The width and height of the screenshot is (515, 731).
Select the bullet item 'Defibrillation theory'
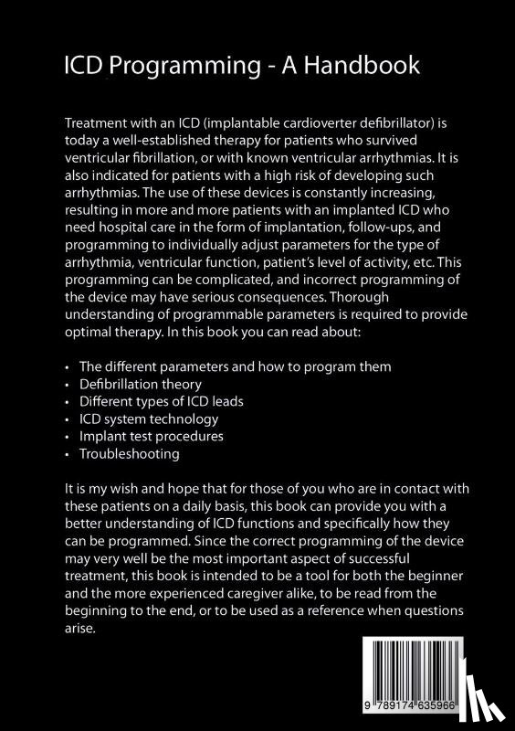(141, 385)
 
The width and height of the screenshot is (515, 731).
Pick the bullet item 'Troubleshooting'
(129, 453)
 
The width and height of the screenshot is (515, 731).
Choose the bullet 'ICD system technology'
(149, 419)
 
